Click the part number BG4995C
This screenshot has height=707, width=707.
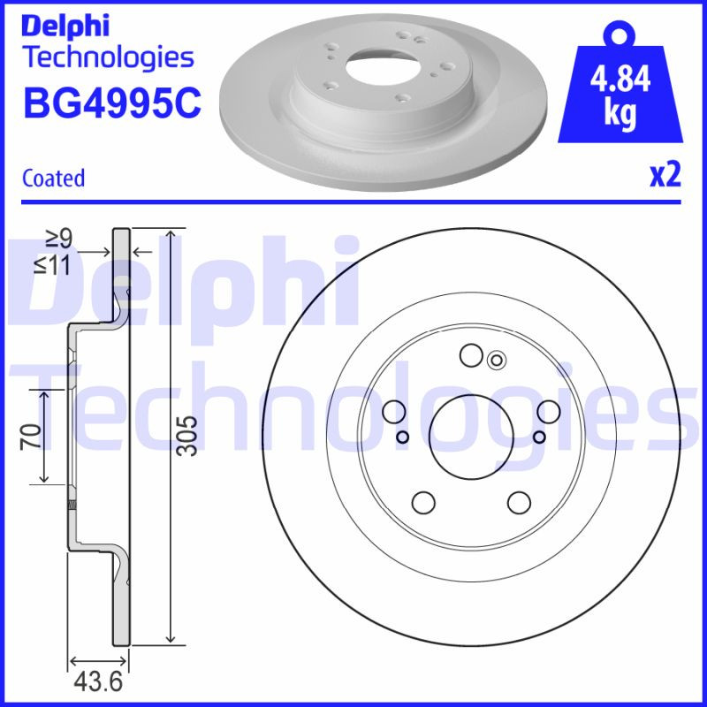(x=111, y=104)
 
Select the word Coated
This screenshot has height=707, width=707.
(x=53, y=178)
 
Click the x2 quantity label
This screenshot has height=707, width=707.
(x=665, y=176)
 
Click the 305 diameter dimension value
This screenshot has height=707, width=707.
(x=186, y=435)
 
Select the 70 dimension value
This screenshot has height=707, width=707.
(x=29, y=436)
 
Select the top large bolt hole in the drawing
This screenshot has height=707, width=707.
(x=471, y=356)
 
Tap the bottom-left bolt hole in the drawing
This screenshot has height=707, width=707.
(x=424, y=502)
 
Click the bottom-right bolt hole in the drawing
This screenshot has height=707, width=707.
(x=519, y=502)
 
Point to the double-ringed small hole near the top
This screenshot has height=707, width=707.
(x=496, y=359)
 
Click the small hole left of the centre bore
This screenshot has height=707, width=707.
(x=402, y=437)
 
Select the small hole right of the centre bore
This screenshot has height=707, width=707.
(x=538, y=437)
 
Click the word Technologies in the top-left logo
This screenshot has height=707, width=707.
(x=107, y=57)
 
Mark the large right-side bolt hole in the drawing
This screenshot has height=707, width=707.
(x=549, y=412)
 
